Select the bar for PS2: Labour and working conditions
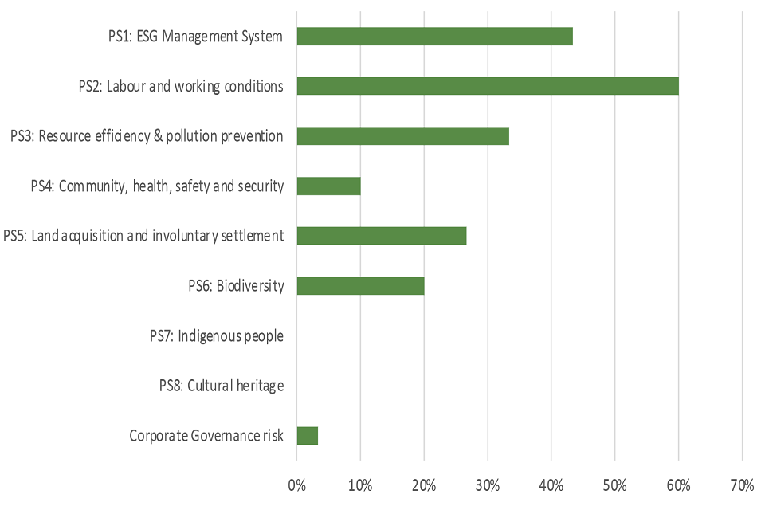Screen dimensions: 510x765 pyautogui.click(x=487, y=86)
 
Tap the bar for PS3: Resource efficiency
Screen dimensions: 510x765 pyautogui.click(x=402, y=136)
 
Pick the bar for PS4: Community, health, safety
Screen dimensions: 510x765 pyautogui.click(x=328, y=186)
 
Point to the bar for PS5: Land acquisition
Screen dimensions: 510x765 pyautogui.click(x=381, y=236)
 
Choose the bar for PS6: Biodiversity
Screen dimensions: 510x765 pyautogui.click(x=360, y=285)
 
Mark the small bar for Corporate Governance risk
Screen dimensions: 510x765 pyautogui.click(x=307, y=435)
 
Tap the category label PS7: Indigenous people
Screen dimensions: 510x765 pyautogui.click(x=216, y=336)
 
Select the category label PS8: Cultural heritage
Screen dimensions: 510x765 pyautogui.click(x=221, y=386)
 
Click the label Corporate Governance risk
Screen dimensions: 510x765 pyautogui.click(x=206, y=436)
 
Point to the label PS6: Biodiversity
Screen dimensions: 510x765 pyautogui.click(x=230, y=286)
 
